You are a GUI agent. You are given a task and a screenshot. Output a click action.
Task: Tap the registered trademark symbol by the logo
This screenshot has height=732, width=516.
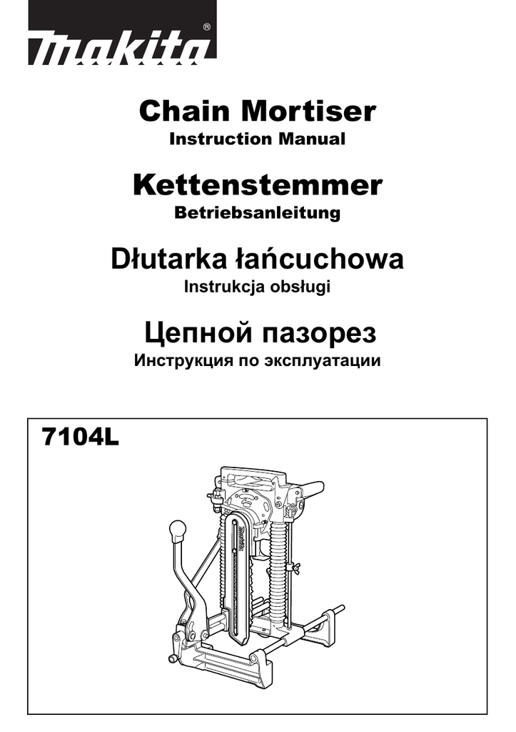coord(206,26)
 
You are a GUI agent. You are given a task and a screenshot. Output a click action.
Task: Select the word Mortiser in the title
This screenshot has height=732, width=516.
coord(308,112)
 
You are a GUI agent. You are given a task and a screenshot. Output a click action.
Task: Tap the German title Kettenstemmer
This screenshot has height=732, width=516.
coord(258,186)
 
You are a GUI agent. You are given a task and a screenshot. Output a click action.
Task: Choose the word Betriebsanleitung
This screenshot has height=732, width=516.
coord(258,213)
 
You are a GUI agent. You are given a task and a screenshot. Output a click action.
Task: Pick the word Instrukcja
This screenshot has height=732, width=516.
coord(225,287)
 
